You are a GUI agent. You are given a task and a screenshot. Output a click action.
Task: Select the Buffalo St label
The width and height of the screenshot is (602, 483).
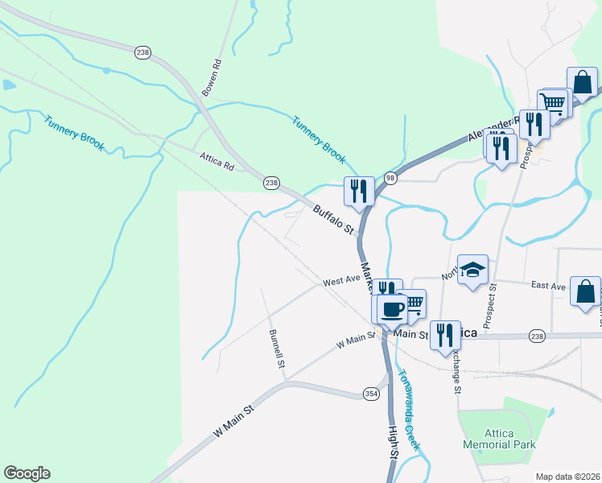pos(334,219)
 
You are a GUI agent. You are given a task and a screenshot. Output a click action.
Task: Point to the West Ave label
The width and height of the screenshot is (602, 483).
pos(341,281)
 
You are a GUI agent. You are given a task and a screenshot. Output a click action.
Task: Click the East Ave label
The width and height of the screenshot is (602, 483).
pos(550,285)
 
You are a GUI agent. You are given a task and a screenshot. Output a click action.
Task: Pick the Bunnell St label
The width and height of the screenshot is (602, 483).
pos(277,349)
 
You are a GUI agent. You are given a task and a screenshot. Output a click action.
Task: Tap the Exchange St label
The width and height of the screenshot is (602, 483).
pos(456,371)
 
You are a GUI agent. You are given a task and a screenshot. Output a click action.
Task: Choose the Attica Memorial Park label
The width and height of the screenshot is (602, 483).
pos(499,439)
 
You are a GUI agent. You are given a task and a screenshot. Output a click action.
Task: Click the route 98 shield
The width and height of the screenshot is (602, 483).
pos(391,177)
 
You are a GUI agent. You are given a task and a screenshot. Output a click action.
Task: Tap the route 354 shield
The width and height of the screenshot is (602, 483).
pos(371,393)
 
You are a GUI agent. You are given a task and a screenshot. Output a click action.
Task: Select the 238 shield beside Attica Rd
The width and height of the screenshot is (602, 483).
pos(271,184)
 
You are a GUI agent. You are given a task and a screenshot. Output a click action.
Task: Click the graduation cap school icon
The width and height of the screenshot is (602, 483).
pos(473,269)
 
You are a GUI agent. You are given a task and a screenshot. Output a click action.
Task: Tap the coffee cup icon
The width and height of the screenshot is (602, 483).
pos(392,308)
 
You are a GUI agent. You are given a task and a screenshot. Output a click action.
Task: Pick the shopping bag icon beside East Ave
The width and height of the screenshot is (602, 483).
pos(585,291)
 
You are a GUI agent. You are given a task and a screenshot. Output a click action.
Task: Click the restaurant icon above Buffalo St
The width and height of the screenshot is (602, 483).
pos(359,191)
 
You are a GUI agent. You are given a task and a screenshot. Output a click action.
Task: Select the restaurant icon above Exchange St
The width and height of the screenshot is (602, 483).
pos(445,334)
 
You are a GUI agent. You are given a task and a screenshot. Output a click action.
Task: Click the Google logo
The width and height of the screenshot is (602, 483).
pos(27,473)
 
